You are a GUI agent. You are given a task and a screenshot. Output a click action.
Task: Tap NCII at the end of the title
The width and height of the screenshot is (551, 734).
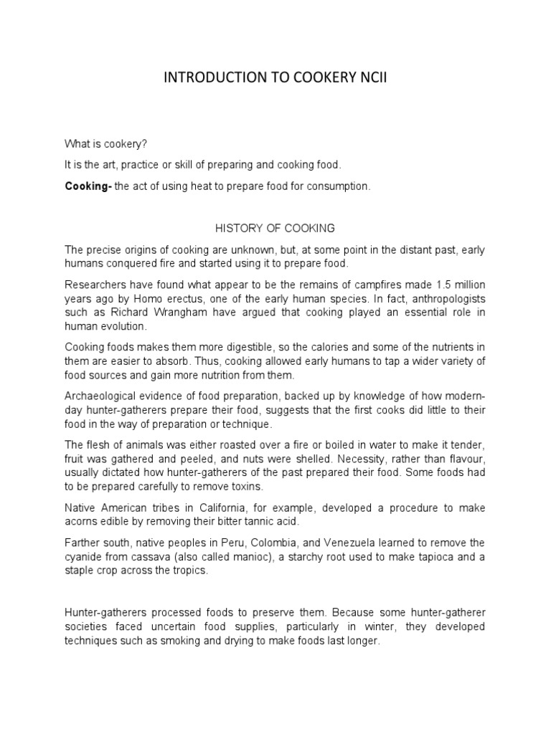click(368, 78)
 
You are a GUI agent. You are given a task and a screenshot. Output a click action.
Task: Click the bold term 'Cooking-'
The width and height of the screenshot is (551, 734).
click(88, 186)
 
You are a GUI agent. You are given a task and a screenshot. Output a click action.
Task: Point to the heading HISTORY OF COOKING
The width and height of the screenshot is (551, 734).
click(275, 228)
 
